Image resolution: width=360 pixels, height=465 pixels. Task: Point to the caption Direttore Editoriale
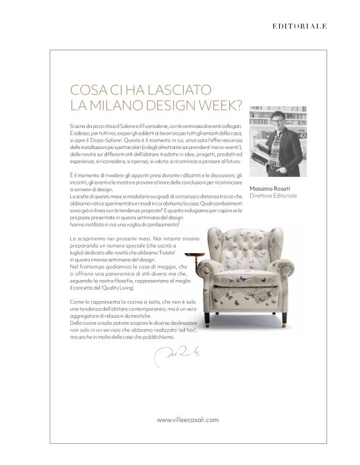click(274, 196)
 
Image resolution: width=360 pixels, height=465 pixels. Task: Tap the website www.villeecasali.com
click(187, 420)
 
